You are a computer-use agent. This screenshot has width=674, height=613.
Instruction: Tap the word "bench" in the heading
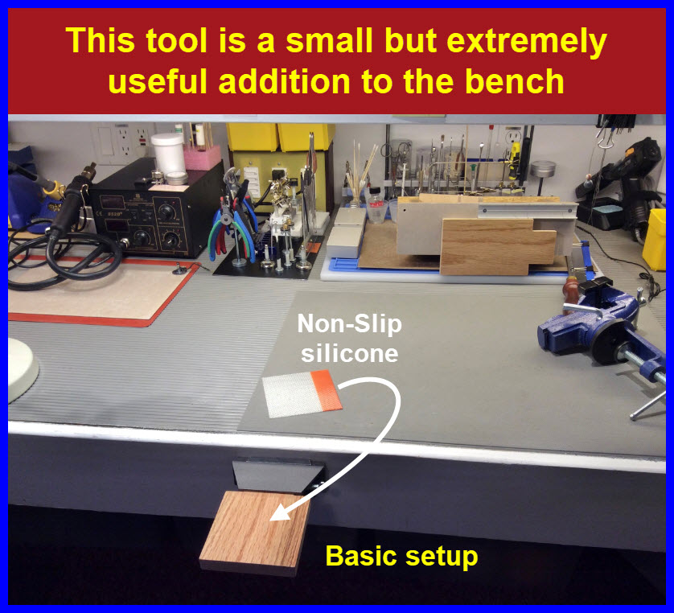click(514, 81)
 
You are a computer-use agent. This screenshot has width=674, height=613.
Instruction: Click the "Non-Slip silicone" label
click(349, 339)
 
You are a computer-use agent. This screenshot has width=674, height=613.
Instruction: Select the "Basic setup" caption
click(401, 556)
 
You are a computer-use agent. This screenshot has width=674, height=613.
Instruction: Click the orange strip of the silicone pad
click(327, 391)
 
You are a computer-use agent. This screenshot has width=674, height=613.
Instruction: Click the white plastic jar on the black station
click(169, 154)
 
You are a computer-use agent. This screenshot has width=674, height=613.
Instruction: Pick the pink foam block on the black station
click(202, 158)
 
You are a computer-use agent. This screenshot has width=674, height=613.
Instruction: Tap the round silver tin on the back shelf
click(544, 169)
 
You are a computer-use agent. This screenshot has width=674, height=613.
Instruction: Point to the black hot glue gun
click(623, 180)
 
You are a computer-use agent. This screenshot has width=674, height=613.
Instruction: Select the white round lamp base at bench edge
click(22, 370)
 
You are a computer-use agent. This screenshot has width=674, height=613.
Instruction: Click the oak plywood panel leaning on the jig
click(497, 246)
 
